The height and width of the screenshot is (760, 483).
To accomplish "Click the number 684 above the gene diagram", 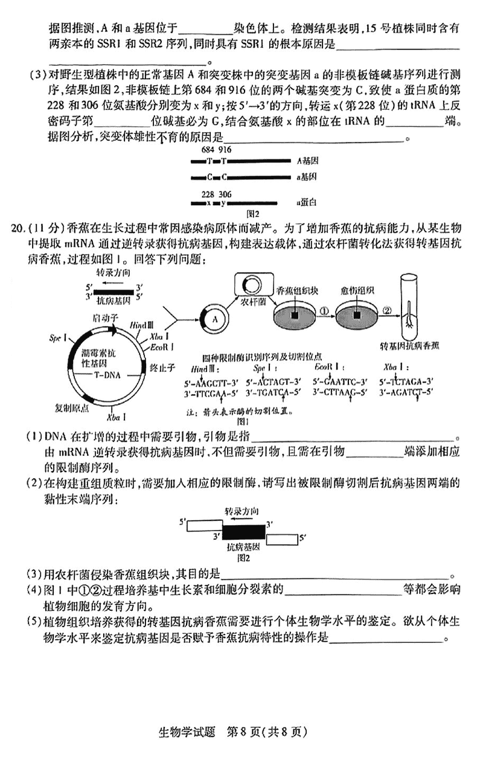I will (208, 150).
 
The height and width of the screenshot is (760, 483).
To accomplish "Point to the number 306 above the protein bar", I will (225, 194).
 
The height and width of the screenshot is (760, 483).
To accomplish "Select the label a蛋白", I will (307, 204).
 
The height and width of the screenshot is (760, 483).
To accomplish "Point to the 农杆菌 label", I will (249, 301).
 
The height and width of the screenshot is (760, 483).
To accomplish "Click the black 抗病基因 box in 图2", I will (243, 532).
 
